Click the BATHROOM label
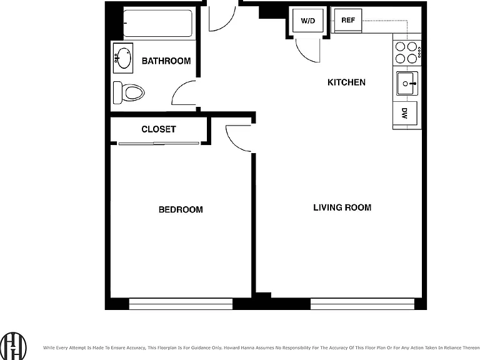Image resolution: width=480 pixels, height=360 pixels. coord(166,61)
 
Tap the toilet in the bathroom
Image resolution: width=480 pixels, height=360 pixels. coord(129,92)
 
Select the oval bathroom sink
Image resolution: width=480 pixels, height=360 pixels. coord(123,58)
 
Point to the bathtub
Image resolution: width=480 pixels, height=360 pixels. coord(158,23)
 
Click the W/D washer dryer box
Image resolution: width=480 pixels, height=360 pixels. coord(307,21)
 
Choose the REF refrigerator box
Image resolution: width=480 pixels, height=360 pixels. coord(348,20)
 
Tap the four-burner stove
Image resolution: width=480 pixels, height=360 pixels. coord(407,52)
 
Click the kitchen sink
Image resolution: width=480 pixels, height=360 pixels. coord(407,83)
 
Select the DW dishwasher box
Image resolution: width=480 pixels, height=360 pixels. coord(405,113)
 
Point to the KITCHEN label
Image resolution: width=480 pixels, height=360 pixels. coord(346,82)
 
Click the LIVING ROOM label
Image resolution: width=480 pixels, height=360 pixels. coord(342,207)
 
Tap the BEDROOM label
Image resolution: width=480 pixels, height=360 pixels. coord(181,209)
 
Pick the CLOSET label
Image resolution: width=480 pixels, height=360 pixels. coord(159,129)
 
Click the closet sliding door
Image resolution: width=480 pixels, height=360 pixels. coord(159,143)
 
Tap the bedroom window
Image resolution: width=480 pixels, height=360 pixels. coord(181,304)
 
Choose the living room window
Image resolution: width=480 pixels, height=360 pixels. coord(362,304)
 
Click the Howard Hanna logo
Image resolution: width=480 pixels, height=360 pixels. coord(13,346)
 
